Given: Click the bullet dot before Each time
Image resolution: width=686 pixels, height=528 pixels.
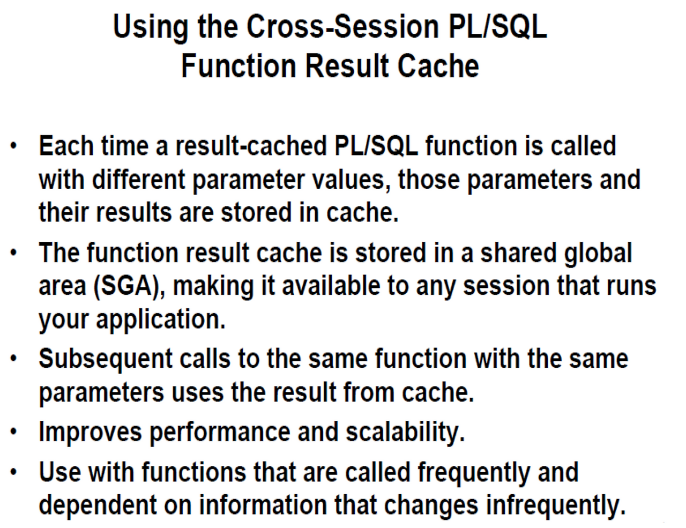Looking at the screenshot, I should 14,146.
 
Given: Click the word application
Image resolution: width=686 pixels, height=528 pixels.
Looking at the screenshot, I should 160,319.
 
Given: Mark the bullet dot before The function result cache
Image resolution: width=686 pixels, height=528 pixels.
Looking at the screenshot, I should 14,252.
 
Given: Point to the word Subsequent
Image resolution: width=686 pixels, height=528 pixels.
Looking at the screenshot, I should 105,359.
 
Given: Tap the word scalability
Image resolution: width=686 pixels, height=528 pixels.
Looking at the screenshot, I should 405,432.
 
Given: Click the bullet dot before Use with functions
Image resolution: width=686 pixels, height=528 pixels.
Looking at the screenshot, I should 14,472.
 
